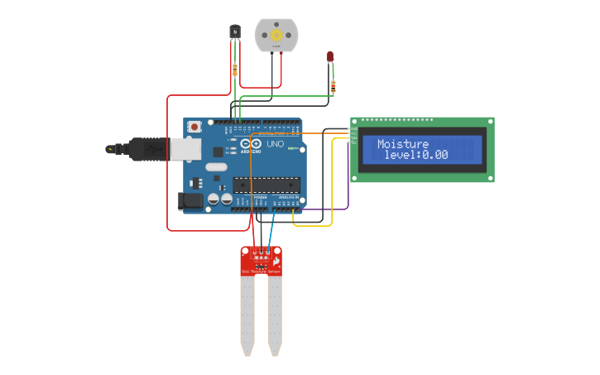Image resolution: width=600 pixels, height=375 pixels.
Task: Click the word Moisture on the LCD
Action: (403, 144)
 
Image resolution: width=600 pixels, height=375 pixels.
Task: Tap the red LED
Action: (330, 56)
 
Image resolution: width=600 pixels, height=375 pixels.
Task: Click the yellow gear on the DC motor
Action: (276, 36)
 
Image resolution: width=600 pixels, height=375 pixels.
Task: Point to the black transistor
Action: (235, 31)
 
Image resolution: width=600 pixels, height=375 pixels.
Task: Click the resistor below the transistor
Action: (235, 70)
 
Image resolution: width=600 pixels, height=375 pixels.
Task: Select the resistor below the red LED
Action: (333, 86)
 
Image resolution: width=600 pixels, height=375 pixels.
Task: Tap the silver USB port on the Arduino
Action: (186, 148)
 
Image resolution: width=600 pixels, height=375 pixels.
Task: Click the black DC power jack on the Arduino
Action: (191, 200)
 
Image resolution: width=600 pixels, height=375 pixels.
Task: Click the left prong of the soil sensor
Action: (247, 315)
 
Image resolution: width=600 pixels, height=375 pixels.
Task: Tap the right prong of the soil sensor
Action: (274, 315)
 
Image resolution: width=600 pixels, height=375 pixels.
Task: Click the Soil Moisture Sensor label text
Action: (261, 271)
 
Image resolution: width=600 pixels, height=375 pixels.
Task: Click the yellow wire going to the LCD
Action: (332, 190)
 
